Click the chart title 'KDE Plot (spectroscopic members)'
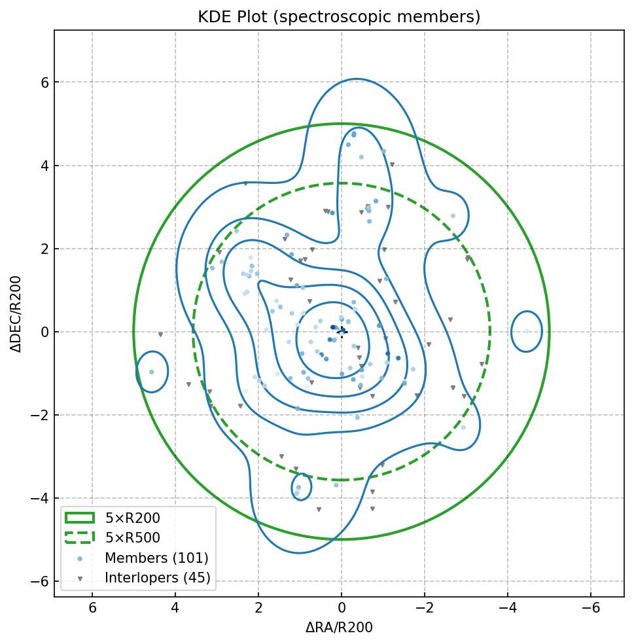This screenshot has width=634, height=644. point(339,17)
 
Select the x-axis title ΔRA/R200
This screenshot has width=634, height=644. point(339,628)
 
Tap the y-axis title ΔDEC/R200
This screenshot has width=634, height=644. point(16,313)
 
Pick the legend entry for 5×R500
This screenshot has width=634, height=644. point(142,538)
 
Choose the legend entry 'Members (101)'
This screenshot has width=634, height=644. point(156,558)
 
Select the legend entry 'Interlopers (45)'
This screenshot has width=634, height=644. point(158,578)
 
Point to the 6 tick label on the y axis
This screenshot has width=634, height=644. point(44,82)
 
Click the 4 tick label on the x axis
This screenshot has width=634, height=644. point(175,608)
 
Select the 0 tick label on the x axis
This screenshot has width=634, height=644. point(342,608)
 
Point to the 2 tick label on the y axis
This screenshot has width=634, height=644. point(44,249)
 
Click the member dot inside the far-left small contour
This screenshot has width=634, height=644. point(152,372)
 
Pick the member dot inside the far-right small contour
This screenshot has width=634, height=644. point(527,331)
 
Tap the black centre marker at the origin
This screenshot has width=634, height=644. point(342,332)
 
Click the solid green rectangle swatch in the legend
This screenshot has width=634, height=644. point(80,518)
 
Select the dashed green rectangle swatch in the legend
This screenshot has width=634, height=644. point(80,537)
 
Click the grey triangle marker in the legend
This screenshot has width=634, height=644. point(80,579)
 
